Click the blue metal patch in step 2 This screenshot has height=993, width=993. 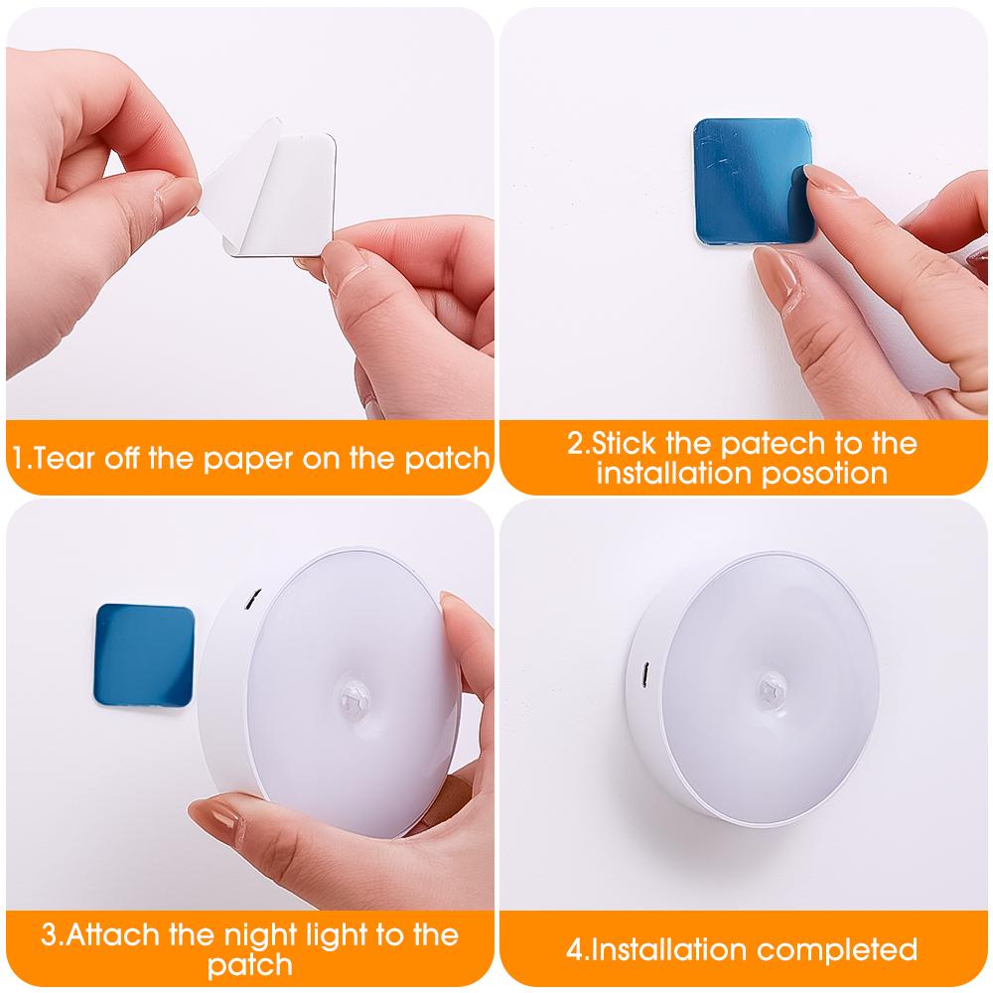tap(751, 181)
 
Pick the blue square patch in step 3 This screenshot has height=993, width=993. tap(144, 655)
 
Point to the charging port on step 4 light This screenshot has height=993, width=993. tap(643, 674)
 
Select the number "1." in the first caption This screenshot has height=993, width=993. tap(20, 458)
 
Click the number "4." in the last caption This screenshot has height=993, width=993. tap(577, 950)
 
